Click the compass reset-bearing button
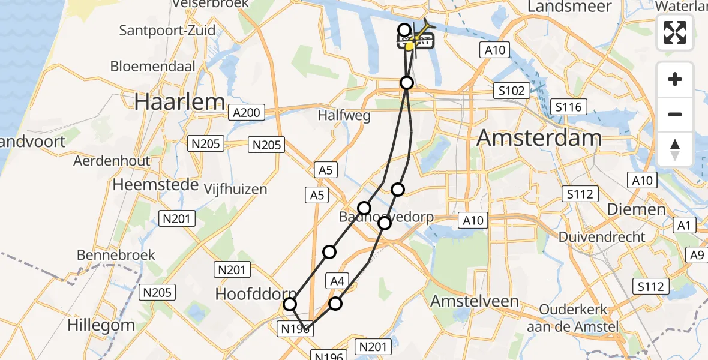675,149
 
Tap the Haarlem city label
179,102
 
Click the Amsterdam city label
539,139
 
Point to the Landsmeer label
569,7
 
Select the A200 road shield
246,113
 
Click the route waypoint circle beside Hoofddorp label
290,304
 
